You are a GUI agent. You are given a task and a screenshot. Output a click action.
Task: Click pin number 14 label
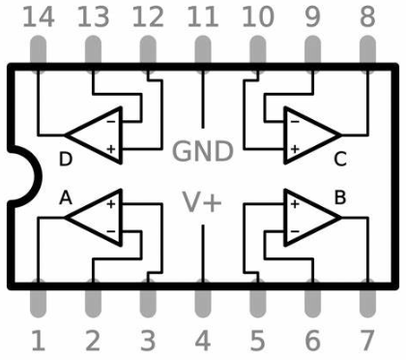click(x=38, y=15)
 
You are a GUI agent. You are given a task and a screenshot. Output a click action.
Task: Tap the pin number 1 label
click(x=38, y=341)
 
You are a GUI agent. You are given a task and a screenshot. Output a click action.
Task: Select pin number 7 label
click(x=367, y=341)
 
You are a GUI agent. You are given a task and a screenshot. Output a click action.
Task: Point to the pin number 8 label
click(x=367, y=15)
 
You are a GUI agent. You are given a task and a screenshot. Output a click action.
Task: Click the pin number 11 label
click(x=203, y=15)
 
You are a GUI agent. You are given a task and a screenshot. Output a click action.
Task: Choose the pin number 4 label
click(x=203, y=341)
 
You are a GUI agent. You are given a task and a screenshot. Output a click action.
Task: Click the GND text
click(x=203, y=151)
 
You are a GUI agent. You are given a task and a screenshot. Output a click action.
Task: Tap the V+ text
click(x=203, y=202)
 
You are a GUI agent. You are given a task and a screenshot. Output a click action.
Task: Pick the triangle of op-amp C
click(x=310, y=134)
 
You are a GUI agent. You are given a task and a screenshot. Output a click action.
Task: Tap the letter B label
click(x=340, y=196)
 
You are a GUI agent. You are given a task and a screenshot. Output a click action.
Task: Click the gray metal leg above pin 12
click(x=148, y=50)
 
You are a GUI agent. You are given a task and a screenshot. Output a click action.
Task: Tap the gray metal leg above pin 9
click(x=312, y=50)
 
